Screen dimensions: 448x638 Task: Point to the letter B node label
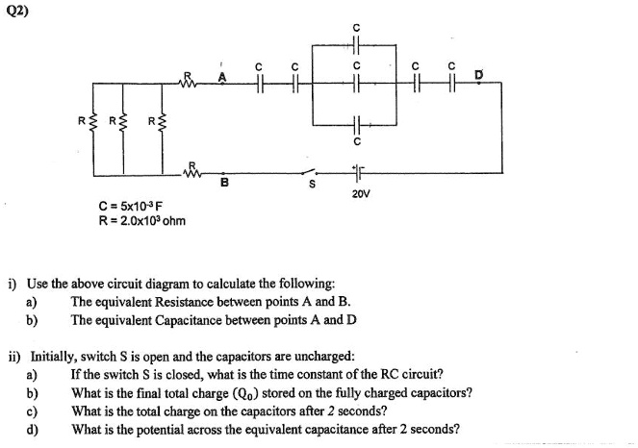click(x=224, y=184)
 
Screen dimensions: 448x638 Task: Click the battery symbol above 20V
click(x=361, y=174)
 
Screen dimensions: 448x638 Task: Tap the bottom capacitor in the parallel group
click(x=356, y=124)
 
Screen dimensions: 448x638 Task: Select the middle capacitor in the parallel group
click(x=356, y=84)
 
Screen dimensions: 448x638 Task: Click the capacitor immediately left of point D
click(x=450, y=84)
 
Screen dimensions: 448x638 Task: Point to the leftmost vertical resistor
click(x=94, y=122)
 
